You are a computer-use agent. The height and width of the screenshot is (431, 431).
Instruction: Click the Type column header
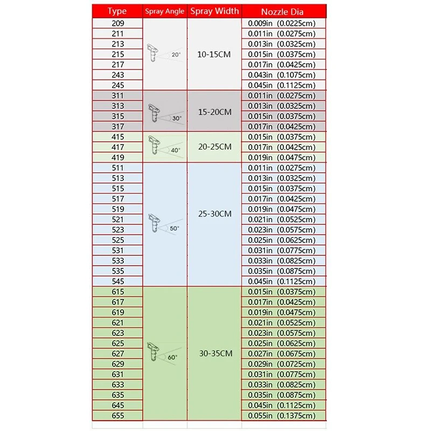pos(117,11)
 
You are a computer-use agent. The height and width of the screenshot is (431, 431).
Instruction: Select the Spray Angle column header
pos(165,11)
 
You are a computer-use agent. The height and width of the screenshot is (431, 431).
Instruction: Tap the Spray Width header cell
pos(214,11)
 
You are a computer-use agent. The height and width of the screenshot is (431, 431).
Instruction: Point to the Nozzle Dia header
pos(283,11)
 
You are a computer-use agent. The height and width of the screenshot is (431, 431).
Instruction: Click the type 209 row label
pos(117,24)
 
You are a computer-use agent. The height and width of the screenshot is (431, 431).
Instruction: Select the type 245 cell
pos(117,85)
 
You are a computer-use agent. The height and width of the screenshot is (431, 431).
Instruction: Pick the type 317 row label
pos(117,127)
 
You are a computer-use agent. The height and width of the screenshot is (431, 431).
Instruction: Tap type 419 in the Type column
pos(117,157)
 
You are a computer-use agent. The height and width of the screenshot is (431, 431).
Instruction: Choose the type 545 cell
pos(117,281)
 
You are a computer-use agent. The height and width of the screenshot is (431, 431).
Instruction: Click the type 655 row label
pos(117,415)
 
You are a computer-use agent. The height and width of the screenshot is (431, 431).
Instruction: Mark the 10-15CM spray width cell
pos(214,55)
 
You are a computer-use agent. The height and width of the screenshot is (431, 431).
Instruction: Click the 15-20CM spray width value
pos(214,112)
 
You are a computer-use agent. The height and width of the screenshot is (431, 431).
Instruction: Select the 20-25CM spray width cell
pos(214,147)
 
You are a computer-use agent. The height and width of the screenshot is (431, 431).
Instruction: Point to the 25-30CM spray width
pos(214,214)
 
